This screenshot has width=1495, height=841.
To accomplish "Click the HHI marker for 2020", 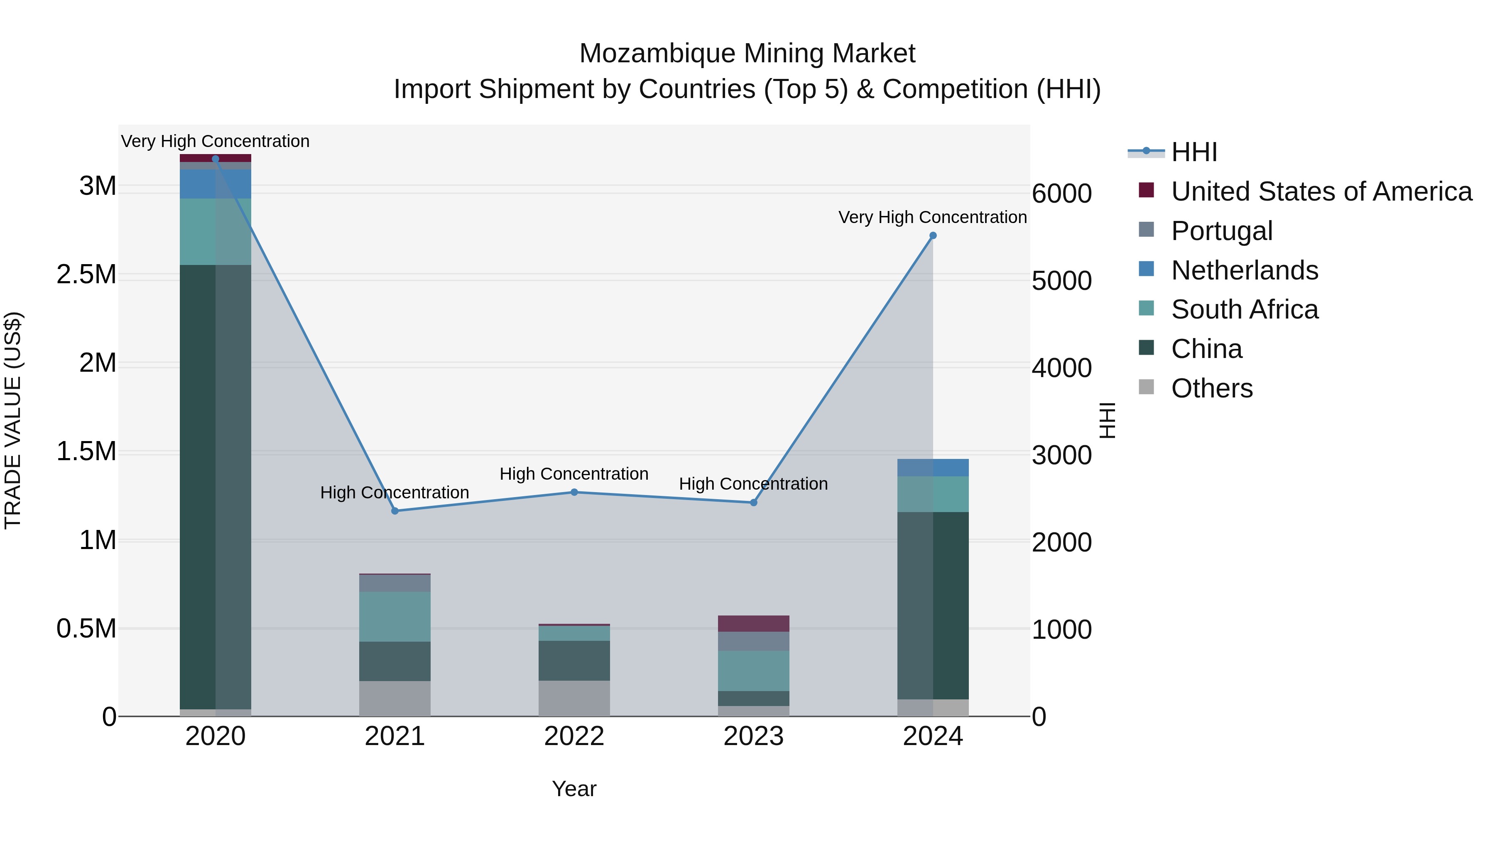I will click(x=215, y=159).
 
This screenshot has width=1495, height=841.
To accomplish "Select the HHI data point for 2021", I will click(x=395, y=511).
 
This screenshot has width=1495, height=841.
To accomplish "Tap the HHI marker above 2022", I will click(x=574, y=492).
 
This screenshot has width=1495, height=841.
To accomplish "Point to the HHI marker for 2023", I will click(x=753, y=503).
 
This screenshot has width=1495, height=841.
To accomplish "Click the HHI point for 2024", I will click(x=933, y=235).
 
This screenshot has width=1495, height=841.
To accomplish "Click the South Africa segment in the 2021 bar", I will click(x=395, y=616).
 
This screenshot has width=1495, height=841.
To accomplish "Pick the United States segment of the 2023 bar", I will click(x=753, y=623).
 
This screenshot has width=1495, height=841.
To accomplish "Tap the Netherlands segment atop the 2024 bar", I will click(x=933, y=468).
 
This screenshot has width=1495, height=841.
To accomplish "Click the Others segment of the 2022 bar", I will click(x=574, y=698).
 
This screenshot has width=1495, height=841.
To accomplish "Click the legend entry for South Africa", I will click(x=1244, y=309).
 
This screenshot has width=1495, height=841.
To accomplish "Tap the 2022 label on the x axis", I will click(x=574, y=736).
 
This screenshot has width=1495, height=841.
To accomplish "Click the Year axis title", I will click(x=574, y=789).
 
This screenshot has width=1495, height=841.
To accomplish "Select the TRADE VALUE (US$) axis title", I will click(x=13, y=420).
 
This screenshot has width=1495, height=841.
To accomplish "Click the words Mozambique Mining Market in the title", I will click(x=747, y=54).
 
